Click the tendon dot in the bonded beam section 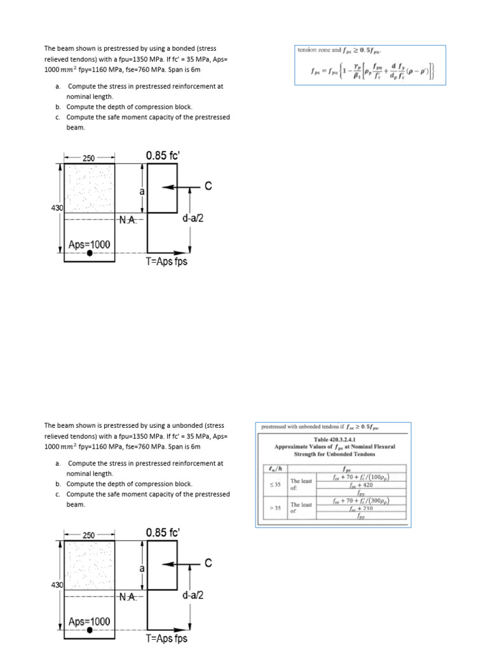[x=90, y=253]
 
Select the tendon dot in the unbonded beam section [x=90, y=630]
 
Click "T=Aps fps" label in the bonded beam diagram [x=167, y=262]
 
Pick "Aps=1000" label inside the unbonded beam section [x=89, y=621]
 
